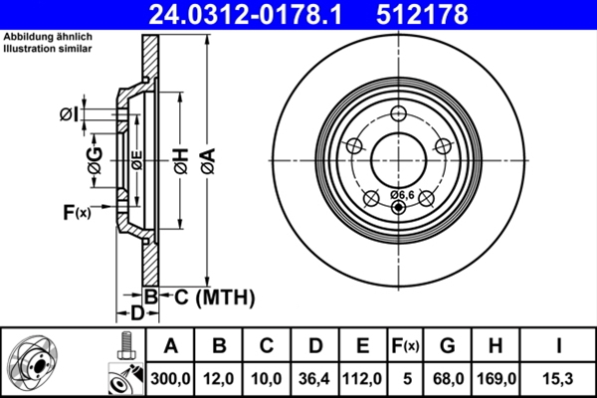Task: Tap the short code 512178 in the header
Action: [436, 14]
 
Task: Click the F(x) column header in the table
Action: [407, 346]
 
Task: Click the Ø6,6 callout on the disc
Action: [402, 194]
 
